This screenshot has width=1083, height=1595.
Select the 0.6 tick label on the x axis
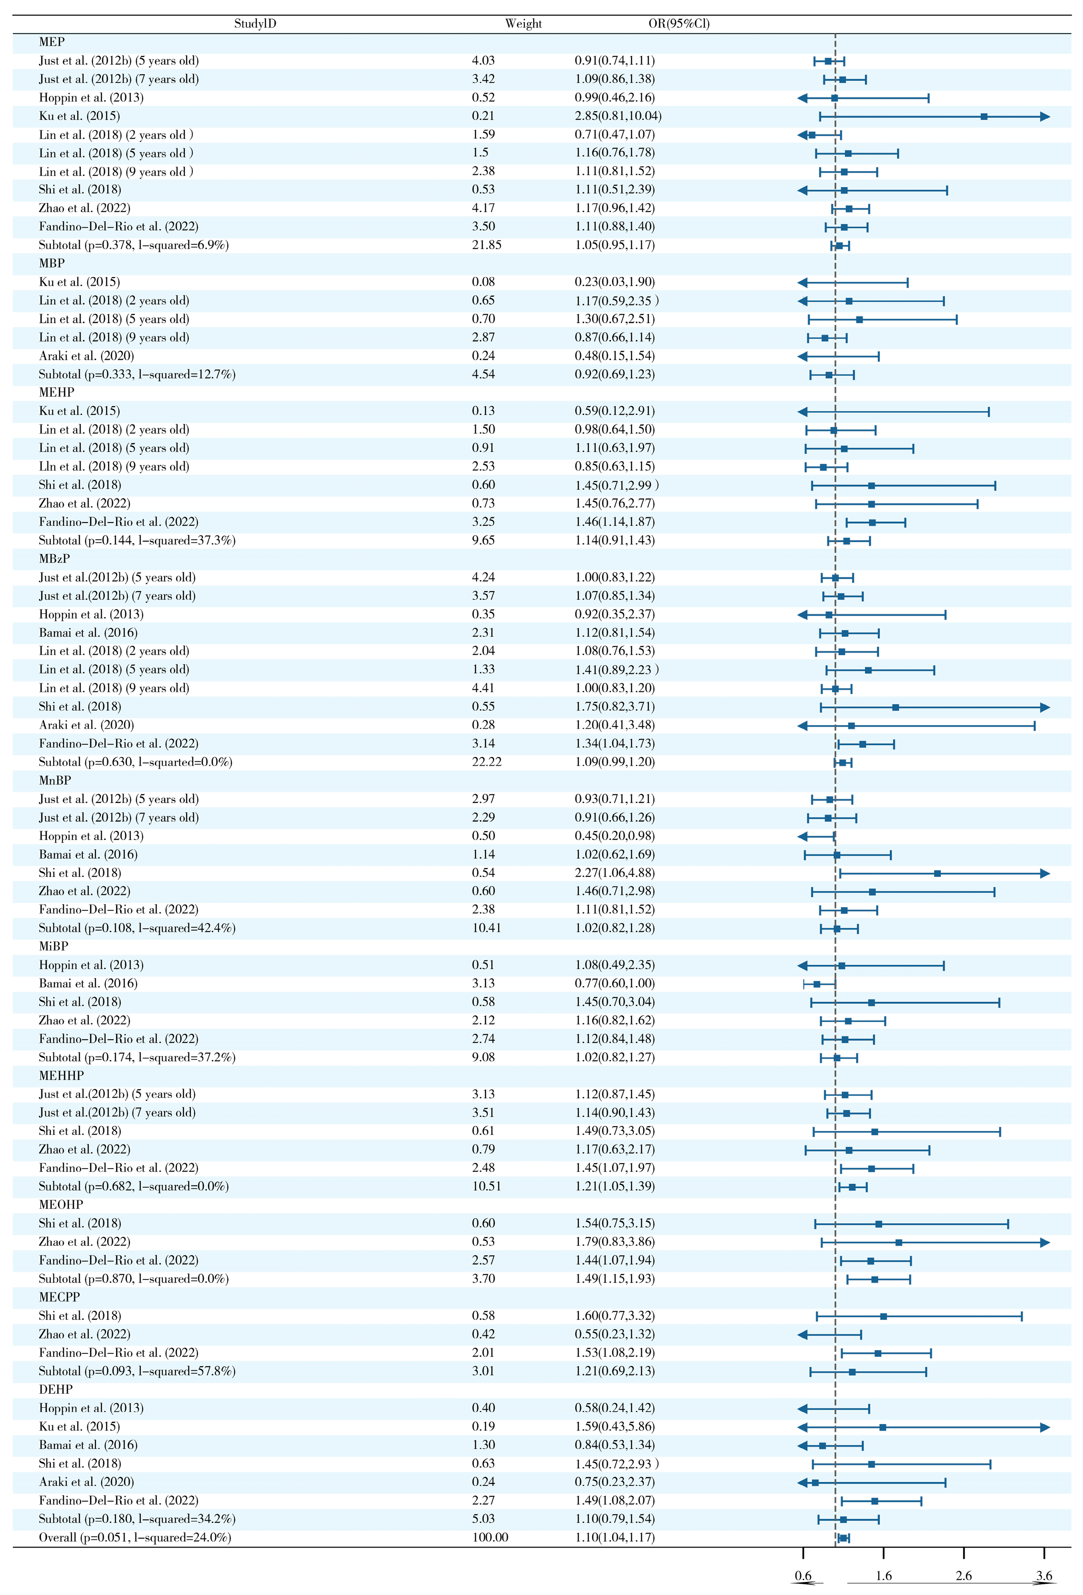(x=803, y=1575)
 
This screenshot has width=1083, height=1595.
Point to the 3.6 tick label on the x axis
(x=1044, y=1575)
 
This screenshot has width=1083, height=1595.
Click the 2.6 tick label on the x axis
(x=964, y=1575)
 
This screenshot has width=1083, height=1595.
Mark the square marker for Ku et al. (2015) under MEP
(x=983, y=117)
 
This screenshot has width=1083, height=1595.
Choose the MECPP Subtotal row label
(x=137, y=1371)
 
